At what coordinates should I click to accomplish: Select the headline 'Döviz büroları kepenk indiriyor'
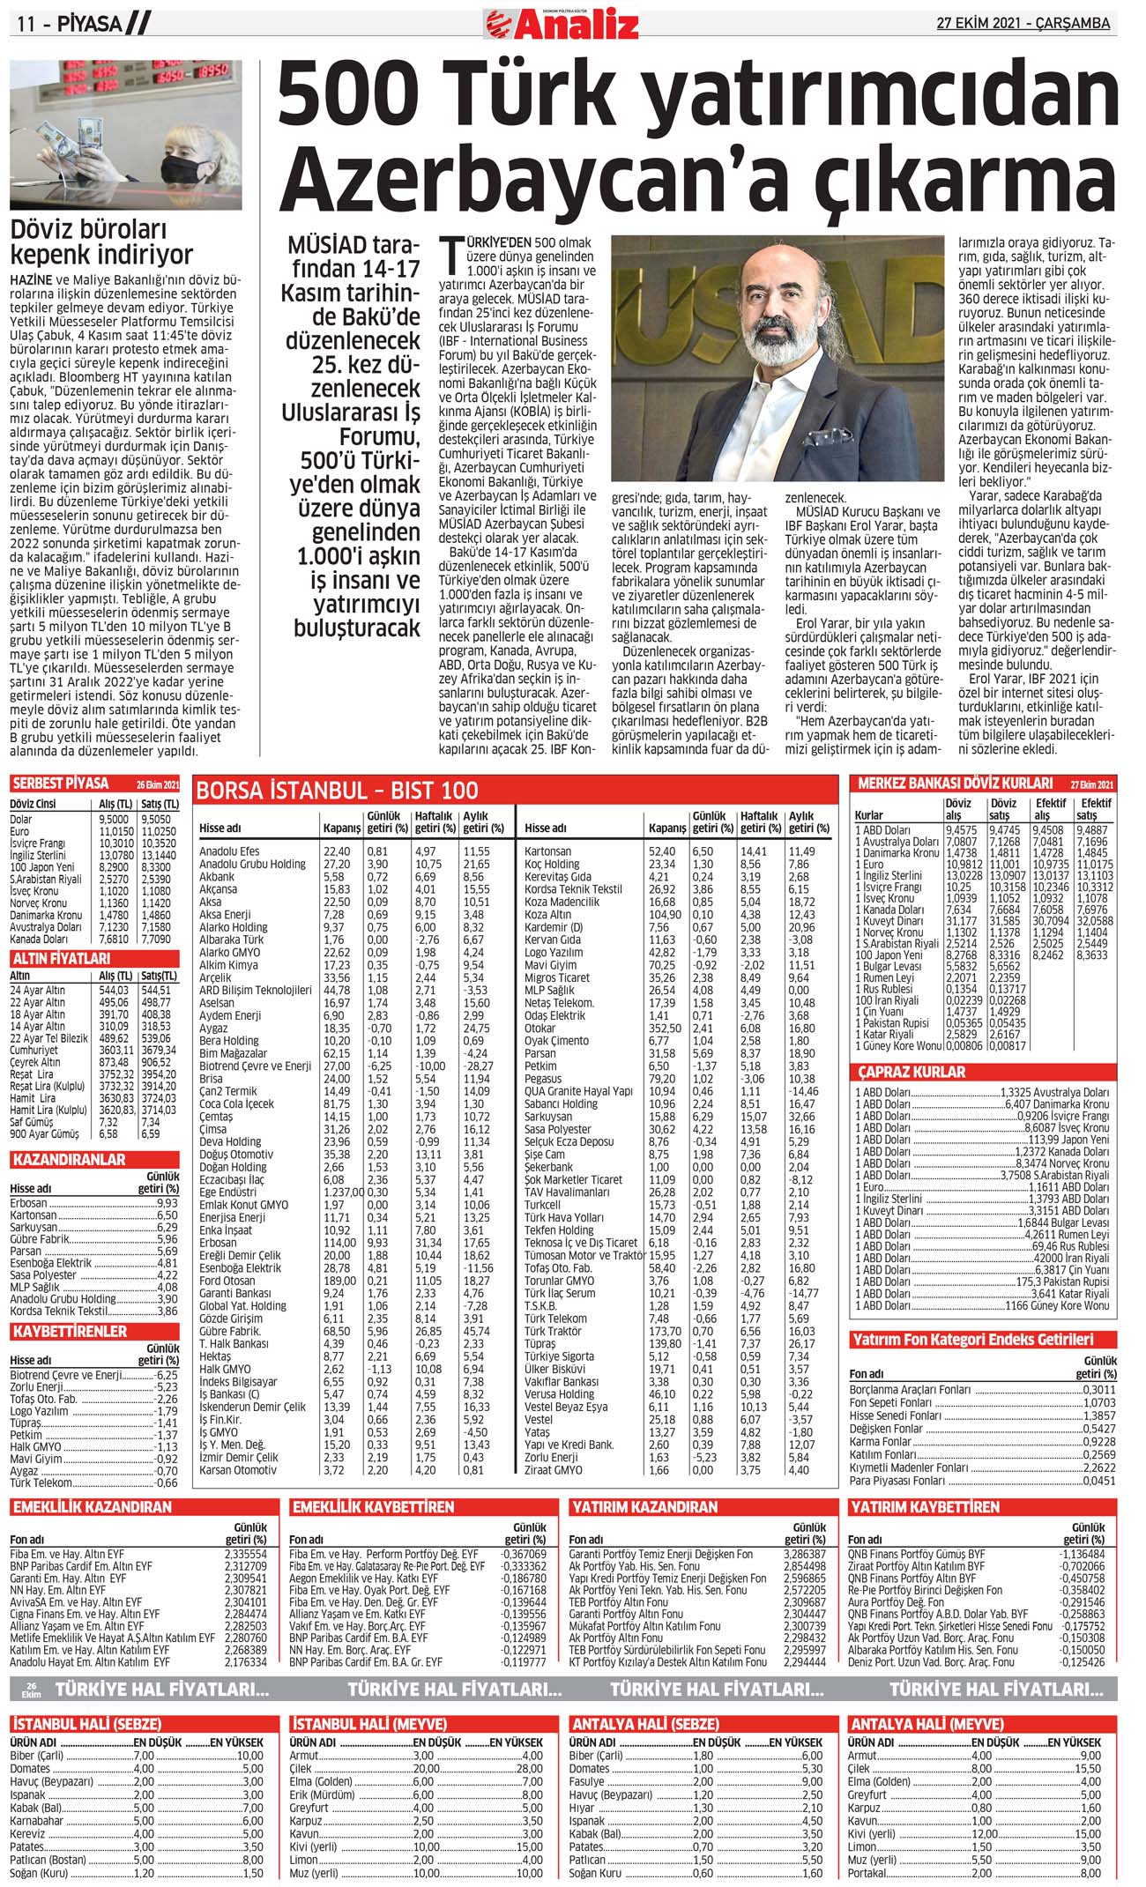point(101,242)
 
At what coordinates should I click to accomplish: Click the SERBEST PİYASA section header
point(62,784)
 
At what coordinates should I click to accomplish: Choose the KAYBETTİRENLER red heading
point(70,1331)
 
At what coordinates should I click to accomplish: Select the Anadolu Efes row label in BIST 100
point(229,851)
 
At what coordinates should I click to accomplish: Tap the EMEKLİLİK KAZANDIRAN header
point(93,1507)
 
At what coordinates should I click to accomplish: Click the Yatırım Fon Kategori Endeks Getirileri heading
point(972,1340)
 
